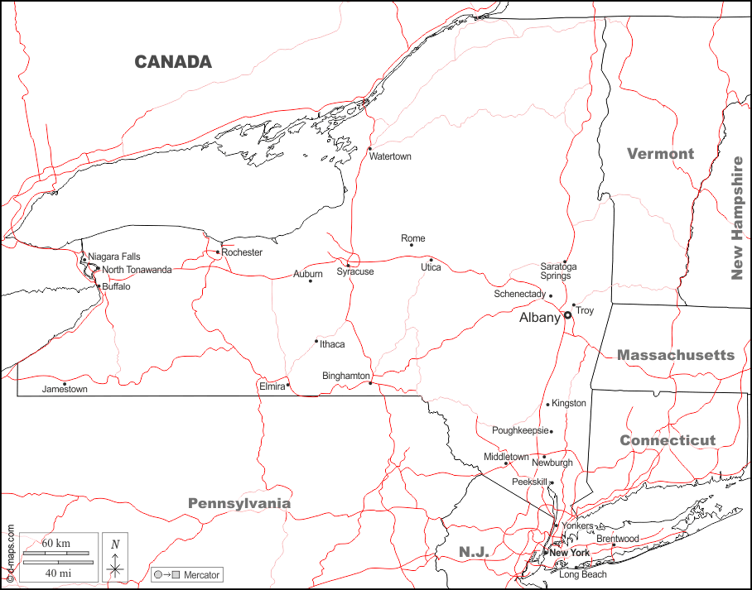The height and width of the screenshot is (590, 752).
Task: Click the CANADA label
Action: coord(173,62)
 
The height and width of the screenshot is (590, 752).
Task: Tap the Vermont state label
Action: coord(660,154)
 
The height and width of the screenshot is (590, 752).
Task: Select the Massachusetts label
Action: coord(675,355)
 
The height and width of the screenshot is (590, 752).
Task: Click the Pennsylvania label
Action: coord(239,503)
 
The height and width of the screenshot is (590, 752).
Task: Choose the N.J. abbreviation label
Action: coord(474,552)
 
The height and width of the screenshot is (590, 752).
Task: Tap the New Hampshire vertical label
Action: coord(736,218)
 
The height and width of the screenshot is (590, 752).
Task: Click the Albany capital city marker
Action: coord(568,315)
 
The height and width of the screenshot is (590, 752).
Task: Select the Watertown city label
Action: coord(390,156)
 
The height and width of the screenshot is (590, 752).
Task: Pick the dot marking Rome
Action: coord(412,245)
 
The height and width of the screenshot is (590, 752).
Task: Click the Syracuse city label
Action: coord(354,271)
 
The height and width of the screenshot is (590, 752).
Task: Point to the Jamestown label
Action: coord(65,389)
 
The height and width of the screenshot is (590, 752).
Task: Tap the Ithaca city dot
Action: coord(316,341)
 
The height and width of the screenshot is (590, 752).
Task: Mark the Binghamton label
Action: coord(345,376)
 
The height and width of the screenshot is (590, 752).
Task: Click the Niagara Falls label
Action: coord(114,257)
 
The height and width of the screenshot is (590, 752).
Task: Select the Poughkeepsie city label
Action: coord(520,430)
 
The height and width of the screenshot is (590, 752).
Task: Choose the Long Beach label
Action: coord(582,574)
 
